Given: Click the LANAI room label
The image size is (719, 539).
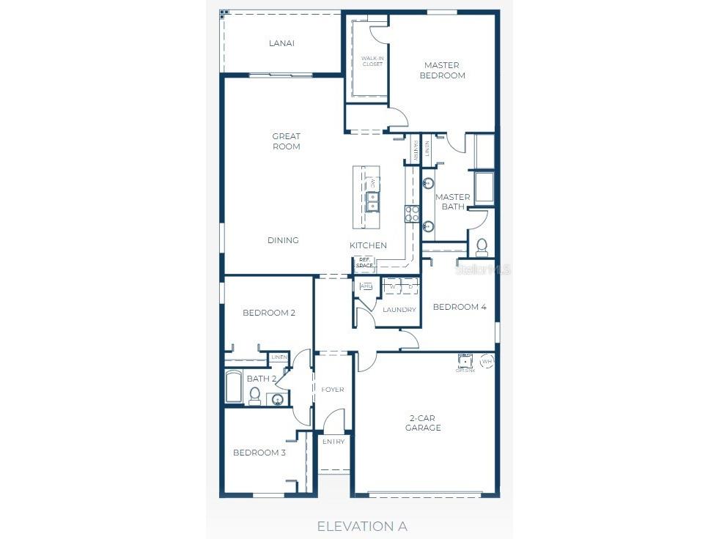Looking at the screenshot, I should tap(281, 43).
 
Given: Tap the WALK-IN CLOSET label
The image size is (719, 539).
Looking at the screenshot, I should tap(372, 61).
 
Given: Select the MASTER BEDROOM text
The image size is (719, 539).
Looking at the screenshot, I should tap(442, 70).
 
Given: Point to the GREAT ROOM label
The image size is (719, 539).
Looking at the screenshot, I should tap(286, 141).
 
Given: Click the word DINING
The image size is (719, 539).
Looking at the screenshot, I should tap(283, 240).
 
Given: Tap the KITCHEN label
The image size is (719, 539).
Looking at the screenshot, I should tap(368, 245).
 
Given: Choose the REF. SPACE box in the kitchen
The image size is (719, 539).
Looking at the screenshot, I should tap(364, 263).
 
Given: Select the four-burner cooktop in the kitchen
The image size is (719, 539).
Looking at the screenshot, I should tap(412, 213).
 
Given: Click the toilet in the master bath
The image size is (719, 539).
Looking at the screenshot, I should tap(482, 246).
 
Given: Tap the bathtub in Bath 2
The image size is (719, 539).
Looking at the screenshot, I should tap(234, 387).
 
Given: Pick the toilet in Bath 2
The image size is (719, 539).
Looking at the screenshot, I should tap(254, 396).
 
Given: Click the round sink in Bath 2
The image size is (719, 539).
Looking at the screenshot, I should tap(277, 399).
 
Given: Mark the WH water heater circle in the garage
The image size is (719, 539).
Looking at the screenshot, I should tap(487, 361).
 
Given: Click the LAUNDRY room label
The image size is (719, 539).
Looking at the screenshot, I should tap(399, 310).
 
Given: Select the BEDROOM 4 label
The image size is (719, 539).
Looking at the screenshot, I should tap(460, 307).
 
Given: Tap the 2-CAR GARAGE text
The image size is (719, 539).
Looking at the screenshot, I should tap(424, 423).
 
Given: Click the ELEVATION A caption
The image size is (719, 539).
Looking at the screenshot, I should tap(361, 526).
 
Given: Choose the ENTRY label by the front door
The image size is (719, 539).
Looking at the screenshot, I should tap(333, 442).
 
